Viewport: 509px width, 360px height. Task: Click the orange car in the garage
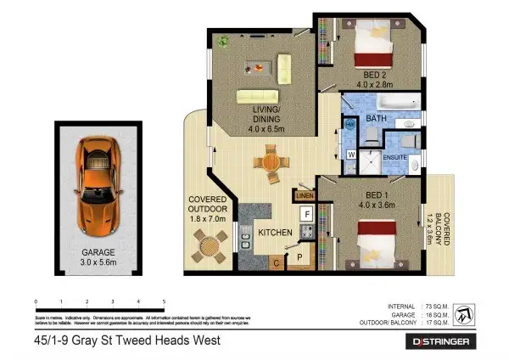tap(96, 184)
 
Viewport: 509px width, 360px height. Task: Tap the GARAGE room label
tap(98, 252)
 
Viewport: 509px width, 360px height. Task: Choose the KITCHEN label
tap(276, 232)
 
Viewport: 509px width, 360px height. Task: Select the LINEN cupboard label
tap(305, 196)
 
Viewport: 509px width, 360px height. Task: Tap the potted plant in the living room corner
tap(223, 40)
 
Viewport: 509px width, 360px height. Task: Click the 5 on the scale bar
tap(163, 302)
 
